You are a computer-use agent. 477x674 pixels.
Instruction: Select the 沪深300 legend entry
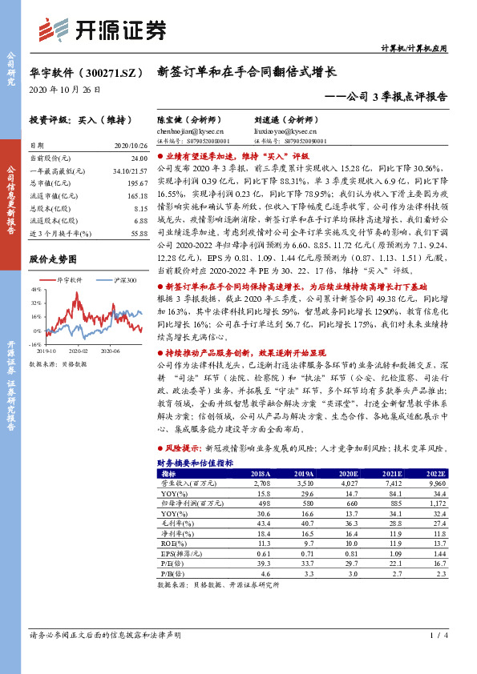click(120, 280)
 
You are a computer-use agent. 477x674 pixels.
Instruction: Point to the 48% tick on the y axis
click(36, 291)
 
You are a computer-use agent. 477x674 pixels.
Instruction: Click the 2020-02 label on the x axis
click(78, 351)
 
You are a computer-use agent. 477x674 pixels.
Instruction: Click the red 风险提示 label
click(182, 449)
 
